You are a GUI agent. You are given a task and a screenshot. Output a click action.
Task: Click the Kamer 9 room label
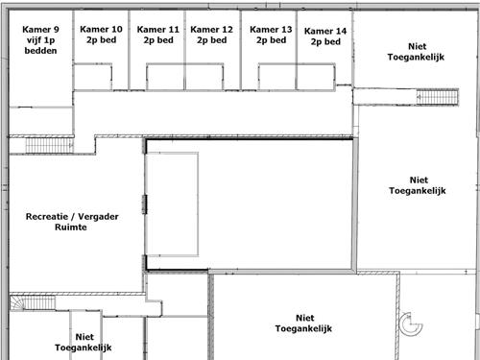coord(42,29)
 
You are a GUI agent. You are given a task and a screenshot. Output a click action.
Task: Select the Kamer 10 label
coord(101,30)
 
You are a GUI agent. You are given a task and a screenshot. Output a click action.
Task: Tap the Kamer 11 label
coord(158,30)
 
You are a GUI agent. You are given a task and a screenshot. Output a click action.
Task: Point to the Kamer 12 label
coord(212,30)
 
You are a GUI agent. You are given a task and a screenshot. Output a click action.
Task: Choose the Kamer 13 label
coord(271,30)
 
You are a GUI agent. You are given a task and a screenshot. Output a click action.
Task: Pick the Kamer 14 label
coord(325,31)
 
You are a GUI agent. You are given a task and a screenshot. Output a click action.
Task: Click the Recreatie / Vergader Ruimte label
coord(73,224)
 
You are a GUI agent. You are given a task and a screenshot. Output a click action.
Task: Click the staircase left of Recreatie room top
coord(42,145)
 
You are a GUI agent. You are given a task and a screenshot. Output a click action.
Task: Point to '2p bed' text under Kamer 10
coord(101,41)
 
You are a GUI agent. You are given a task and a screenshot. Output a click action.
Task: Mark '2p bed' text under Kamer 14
coord(325,42)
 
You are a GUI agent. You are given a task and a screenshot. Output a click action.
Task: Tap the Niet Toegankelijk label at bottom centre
coord(302,324)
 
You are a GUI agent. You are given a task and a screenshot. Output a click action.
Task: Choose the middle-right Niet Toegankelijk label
coord(418,185)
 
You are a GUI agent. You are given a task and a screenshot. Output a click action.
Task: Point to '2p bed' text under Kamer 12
coord(212,41)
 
